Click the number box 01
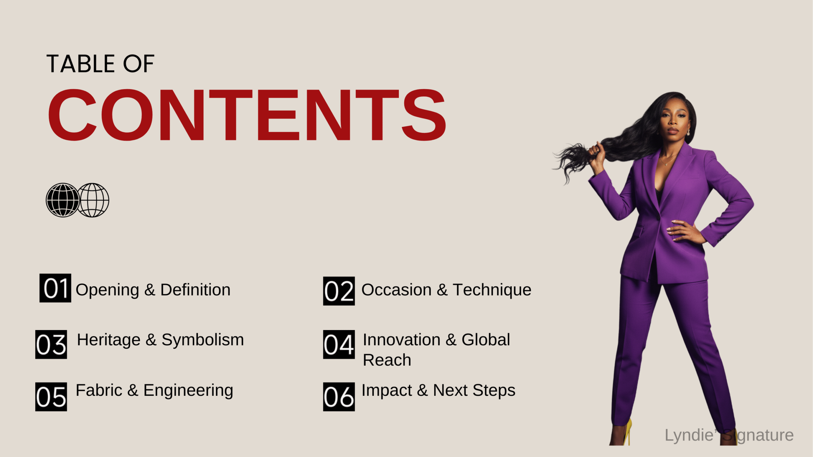point(55,288)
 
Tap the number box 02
point(339,291)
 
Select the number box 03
point(51,344)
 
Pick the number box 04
point(339,344)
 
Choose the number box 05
point(51,397)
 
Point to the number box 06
point(339,397)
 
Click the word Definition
point(195,290)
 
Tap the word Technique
point(492,290)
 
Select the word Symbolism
point(203,340)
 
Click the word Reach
point(387,360)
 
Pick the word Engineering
point(188,390)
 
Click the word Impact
point(386,390)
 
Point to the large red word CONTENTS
point(247,115)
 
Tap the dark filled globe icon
point(63,200)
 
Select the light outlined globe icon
point(93,200)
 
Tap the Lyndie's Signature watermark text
point(729,435)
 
